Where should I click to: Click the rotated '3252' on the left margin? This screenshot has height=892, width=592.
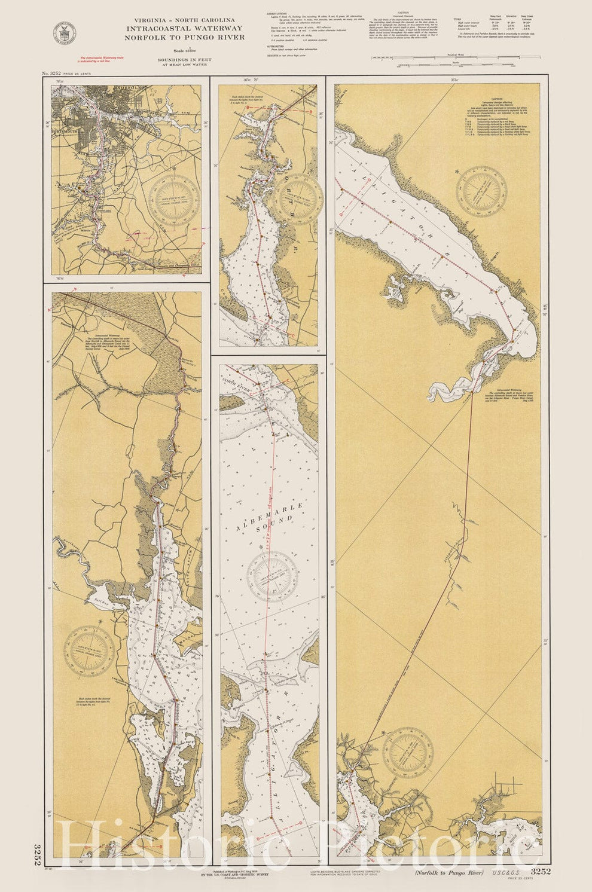click(x=38, y=856)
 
